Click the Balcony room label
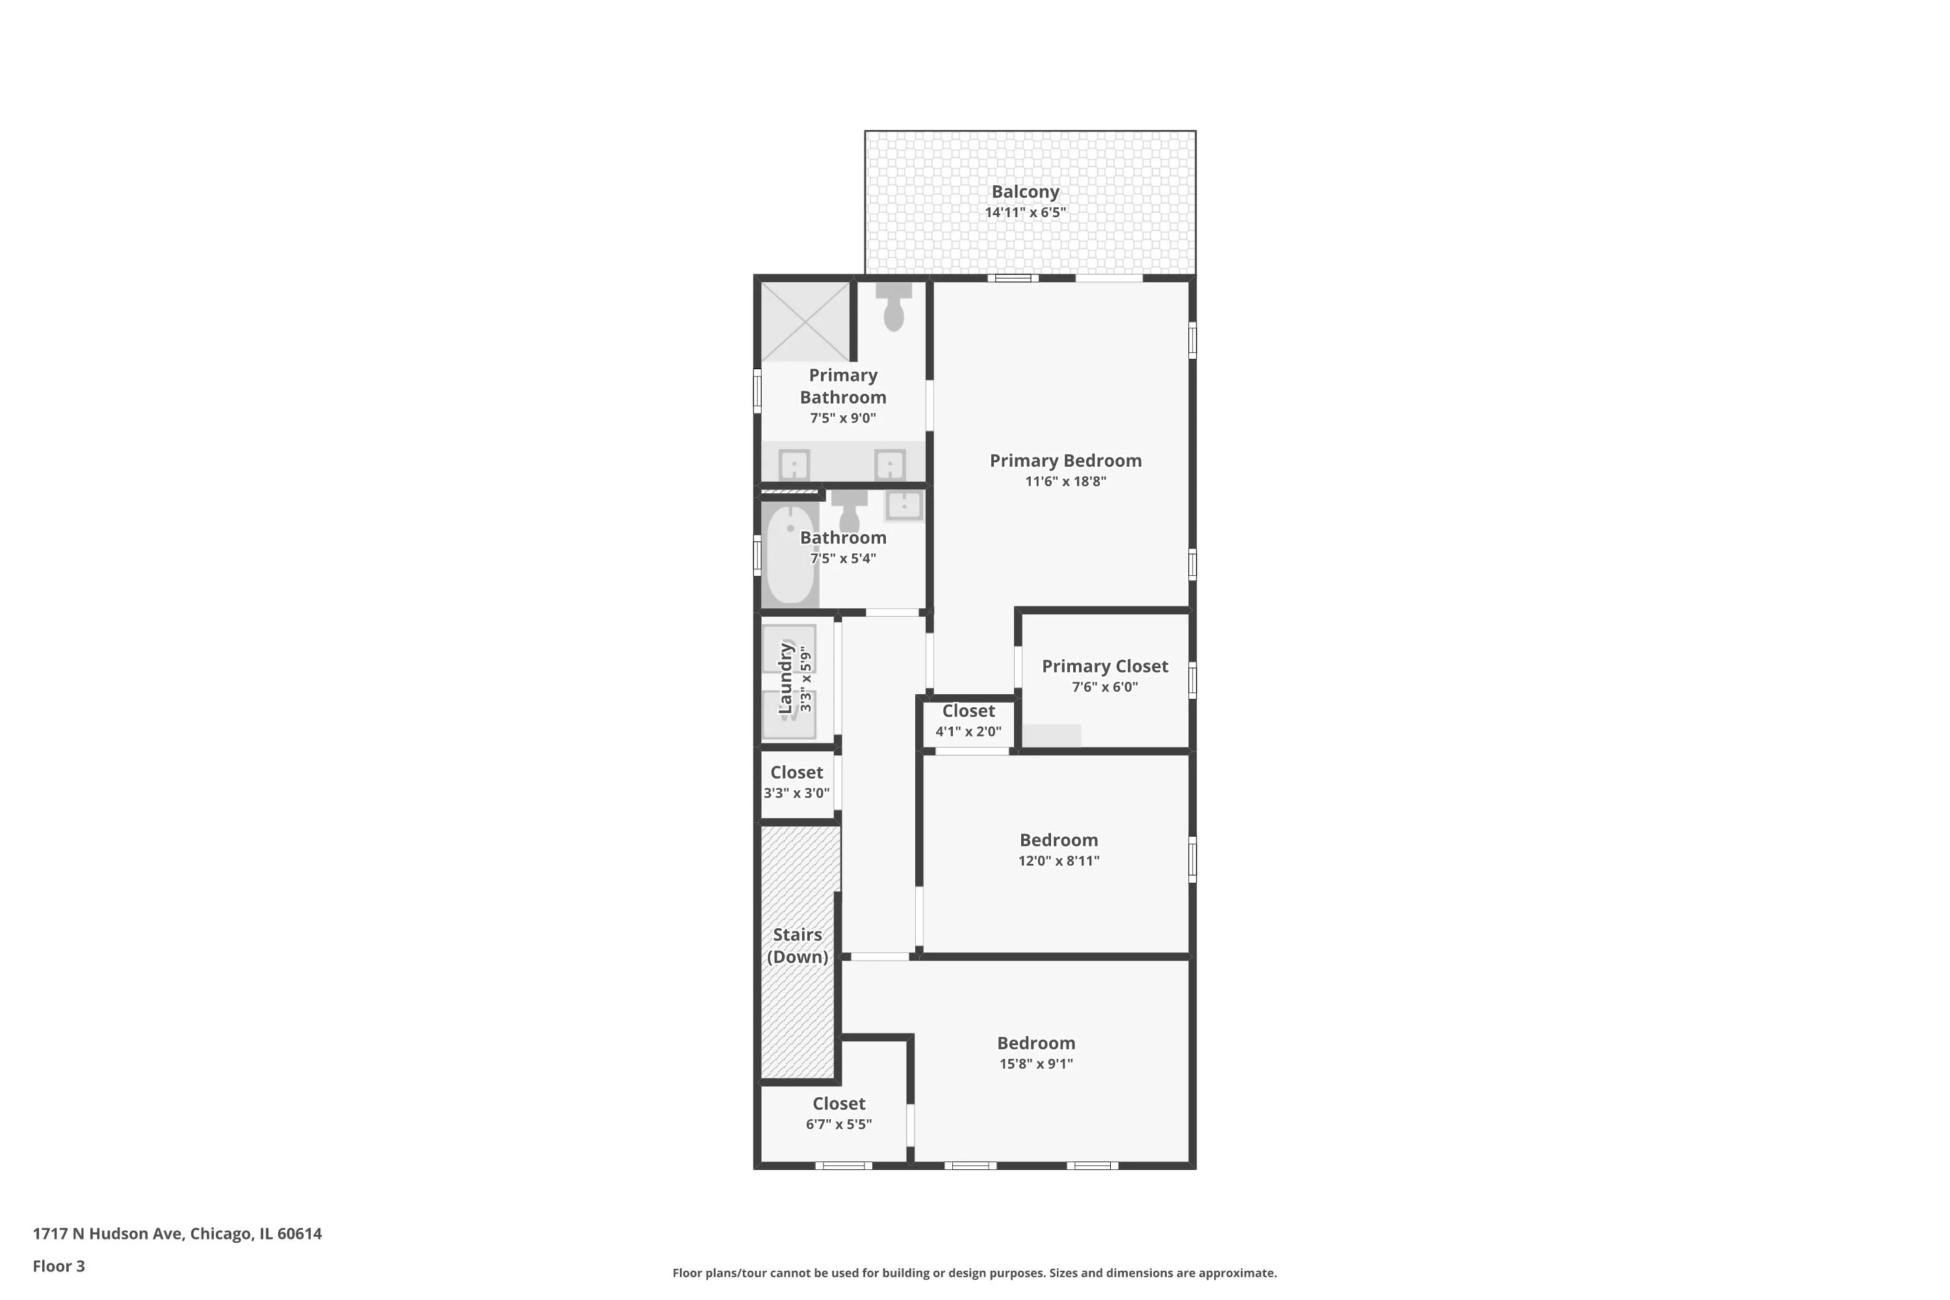click(1025, 192)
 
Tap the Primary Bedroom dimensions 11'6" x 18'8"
click(1065, 482)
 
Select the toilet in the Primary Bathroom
click(893, 307)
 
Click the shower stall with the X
click(805, 322)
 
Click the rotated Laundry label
click(785, 677)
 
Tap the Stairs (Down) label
click(797, 945)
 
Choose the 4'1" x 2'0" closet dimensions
click(968, 731)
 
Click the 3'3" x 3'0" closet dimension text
click(796, 792)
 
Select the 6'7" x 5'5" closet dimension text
click(838, 1124)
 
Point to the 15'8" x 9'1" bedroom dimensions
click(1035, 1063)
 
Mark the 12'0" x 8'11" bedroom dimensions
click(1059, 861)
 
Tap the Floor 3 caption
click(59, 1266)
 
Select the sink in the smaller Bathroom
click(903, 505)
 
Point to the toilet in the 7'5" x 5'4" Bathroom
click(849, 512)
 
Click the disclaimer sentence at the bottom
click(974, 1273)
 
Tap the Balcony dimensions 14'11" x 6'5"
click(1025, 213)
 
